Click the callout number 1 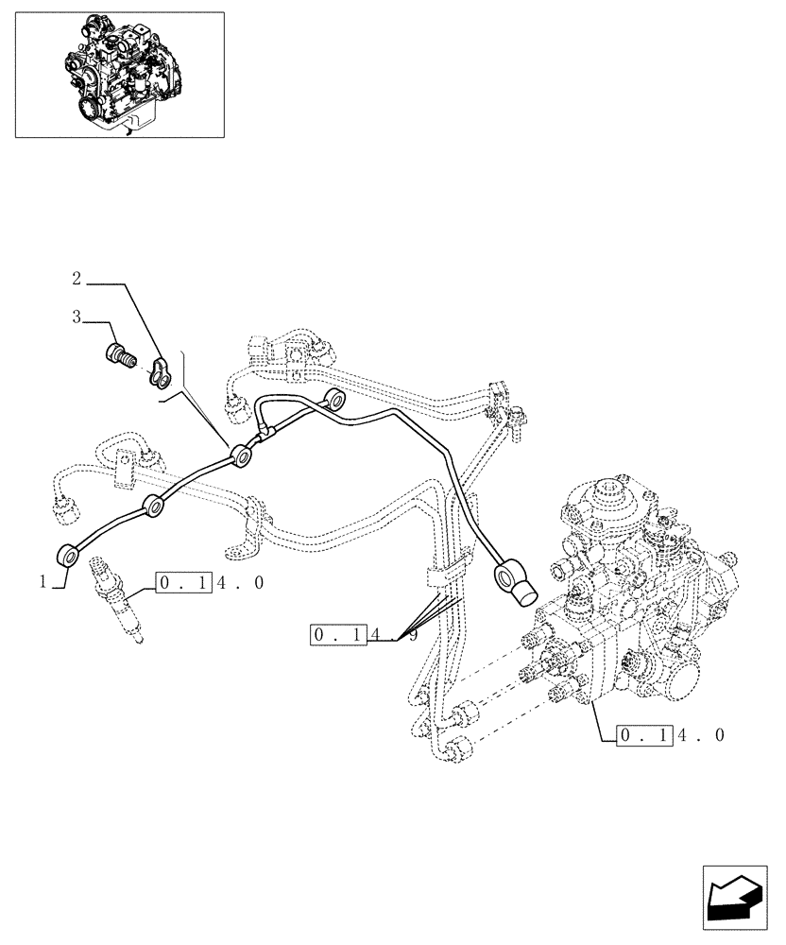coord(43,582)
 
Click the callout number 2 coord(77,279)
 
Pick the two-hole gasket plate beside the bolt coord(161,371)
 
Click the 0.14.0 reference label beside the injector coord(210,583)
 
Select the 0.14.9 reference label coord(364,635)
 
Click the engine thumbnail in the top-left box coord(119,74)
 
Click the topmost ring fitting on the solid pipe coord(333,399)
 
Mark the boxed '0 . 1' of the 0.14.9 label coord(338,635)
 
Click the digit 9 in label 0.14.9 coord(413,636)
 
